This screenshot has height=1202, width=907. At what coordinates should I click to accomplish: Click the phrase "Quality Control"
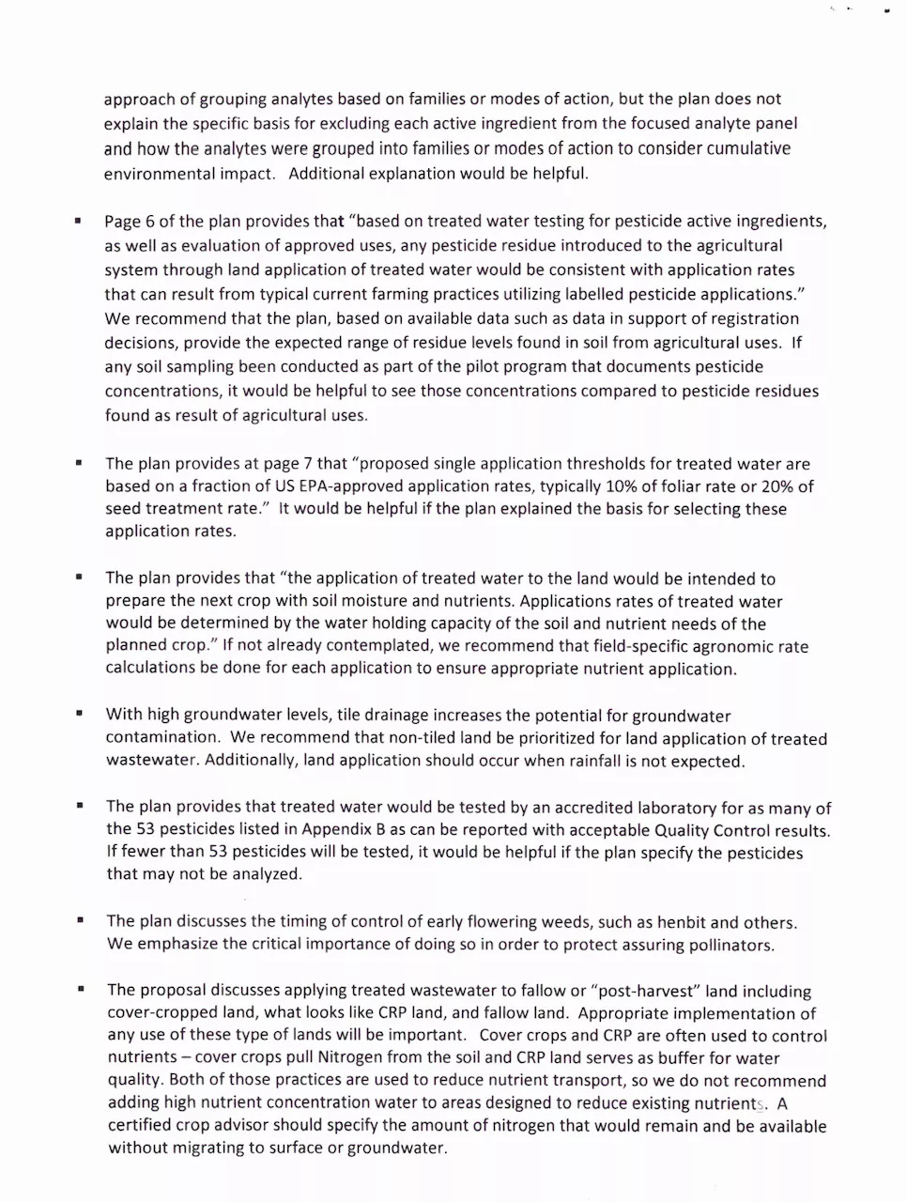pos(710,830)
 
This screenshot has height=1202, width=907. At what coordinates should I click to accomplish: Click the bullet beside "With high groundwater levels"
pos(80,714)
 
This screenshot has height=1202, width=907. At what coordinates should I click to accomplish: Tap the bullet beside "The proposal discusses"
pos(82,989)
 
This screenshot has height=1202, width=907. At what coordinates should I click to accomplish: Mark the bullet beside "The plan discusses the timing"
pos(81,920)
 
